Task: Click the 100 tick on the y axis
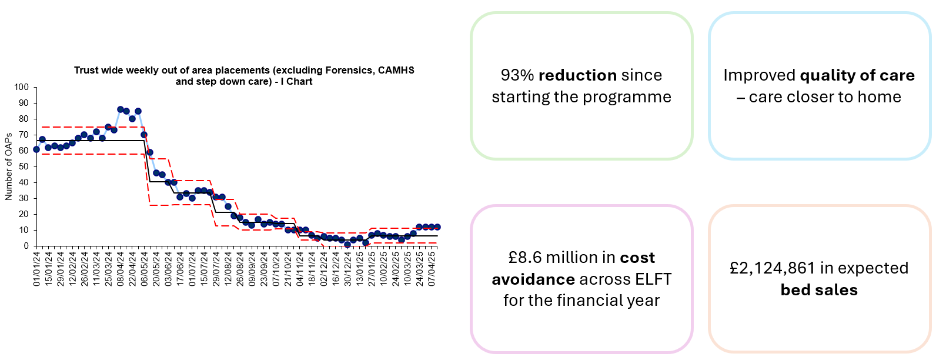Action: tap(22, 87)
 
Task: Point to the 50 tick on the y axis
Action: tap(24, 166)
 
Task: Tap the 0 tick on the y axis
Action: tap(26, 246)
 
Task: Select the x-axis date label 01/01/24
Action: tap(36, 269)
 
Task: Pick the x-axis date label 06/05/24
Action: tap(144, 269)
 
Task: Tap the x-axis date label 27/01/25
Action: tap(372, 269)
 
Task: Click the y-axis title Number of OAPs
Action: tap(9, 166)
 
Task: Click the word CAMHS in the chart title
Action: tap(396, 70)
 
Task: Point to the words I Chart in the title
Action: tap(296, 81)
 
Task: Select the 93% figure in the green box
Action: tap(517, 75)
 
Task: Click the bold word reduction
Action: tap(577, 75)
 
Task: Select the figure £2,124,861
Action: tap(772, 268)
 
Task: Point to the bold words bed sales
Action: tap(819, 290)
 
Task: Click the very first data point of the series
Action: tap(36, 149)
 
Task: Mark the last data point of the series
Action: tap(437, 227)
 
